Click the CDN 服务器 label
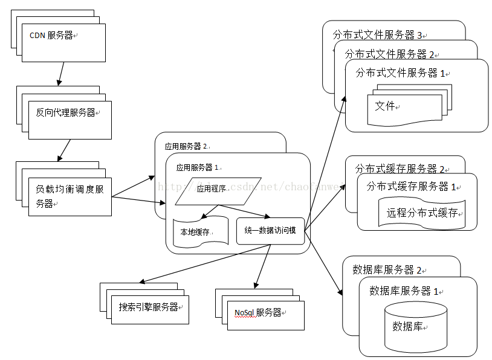[x=51, y=36]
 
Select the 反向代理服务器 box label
[x=66, y=112]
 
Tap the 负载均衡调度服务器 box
[x=70, y=196]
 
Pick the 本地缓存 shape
[x=199, y=233]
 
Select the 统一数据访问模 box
[x=270, y=231]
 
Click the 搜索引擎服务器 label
[x=149, y=307]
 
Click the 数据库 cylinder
[x=416, y=326]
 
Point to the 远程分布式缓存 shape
[x=422, y=213]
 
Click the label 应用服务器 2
[x=186, y=146]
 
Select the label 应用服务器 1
[x=198, y=167]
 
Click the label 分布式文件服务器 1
[x=400, y=73]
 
